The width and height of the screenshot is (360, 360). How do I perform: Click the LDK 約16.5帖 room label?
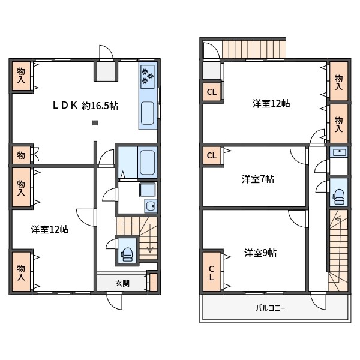pos(85,106)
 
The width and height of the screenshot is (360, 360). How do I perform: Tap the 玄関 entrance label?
pos(122,283)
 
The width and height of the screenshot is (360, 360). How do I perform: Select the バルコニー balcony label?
pos(270,308)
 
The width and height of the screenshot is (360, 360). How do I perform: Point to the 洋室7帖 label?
pos(257,179)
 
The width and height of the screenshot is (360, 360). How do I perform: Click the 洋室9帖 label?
pos(260,253)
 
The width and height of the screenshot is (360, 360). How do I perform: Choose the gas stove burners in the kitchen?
pos(148,76)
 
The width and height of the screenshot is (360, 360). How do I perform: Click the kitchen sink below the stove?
pos(147,113)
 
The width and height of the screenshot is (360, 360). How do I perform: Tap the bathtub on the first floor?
pos(147,163)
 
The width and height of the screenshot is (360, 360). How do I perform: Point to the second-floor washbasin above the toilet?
pos(339,152)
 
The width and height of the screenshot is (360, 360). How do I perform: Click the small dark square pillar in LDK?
pos(95,123)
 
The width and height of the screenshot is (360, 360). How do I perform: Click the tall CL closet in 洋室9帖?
pos(212,272)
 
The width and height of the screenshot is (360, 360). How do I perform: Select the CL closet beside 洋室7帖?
pos(212,155)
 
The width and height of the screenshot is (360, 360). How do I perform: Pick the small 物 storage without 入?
pos(21,155)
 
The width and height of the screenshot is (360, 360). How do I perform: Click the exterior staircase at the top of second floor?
pos(253,49)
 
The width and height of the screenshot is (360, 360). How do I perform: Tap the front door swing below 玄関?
pos(115,301)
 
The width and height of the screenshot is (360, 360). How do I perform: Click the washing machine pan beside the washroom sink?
pos(148,190)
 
